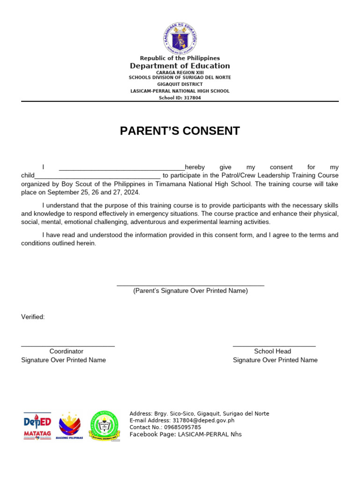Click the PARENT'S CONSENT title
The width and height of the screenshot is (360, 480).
click(x=180, y=131)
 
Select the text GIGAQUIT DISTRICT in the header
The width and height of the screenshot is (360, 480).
click(x=180, y=84)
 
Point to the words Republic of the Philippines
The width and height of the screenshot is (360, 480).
click(x=180, y=58)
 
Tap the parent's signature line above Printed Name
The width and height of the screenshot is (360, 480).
click(x=190, y=285)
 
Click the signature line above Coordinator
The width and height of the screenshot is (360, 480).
click(x=68, y=346)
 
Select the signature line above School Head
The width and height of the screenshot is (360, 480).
click(x=274, y=346)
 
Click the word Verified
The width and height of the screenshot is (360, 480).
click(x=33, y=317)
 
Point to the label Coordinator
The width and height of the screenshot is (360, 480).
click(x=67, y=351)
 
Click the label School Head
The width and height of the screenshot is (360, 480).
click(x=272, y=351)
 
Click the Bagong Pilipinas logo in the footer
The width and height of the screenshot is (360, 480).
click(x=69, y=426)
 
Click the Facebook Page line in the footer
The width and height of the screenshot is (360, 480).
click(x=186, y=434)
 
